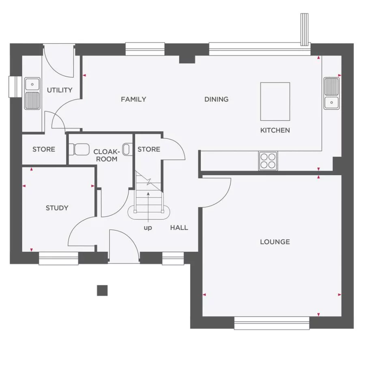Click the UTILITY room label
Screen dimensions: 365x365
pos(60,90)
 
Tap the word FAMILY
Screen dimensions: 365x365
pos(133,99)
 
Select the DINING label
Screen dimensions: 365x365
pos(216,99)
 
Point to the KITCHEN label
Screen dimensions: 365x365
pos(275,130)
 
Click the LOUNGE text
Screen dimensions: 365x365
pos(275,242)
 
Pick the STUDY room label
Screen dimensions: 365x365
pos(57,208)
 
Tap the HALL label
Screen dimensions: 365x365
pos(179,228)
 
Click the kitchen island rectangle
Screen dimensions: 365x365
pos(275,101)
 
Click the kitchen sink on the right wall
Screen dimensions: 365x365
pos(331,93)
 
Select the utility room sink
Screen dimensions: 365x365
pos(32,94)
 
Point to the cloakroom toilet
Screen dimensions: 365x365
pos(79,149)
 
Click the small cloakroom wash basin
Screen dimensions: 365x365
pos(127,149)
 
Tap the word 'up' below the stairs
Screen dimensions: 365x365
pos(148,228)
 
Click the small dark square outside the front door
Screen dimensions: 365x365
pos(102,290)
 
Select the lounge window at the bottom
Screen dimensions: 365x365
pos(272,323)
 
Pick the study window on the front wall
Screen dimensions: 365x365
pos(58,258)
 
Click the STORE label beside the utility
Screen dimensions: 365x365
pos(44,149)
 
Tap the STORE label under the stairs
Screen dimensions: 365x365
pos(149,149)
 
